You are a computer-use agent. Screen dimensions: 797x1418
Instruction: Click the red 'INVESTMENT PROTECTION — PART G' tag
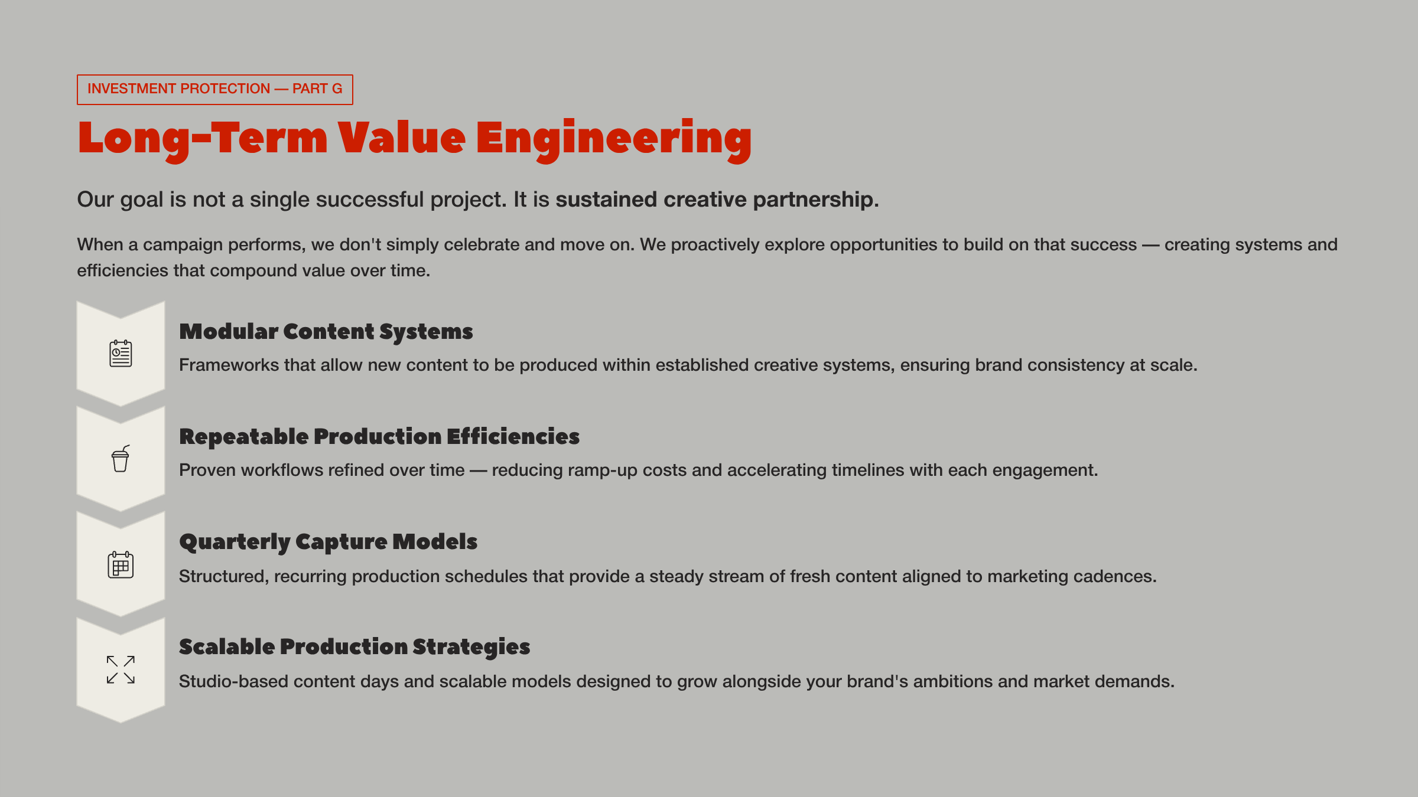214,89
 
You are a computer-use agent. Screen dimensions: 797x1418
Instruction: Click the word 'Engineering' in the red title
614,139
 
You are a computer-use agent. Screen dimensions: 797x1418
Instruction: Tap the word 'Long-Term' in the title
202,139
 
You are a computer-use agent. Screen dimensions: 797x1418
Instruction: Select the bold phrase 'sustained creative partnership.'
717,200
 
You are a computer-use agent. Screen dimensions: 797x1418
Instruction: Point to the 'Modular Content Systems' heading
326,332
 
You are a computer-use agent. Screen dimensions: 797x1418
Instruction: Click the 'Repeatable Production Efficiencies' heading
379,437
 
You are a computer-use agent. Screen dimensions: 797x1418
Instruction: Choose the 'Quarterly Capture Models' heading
328,542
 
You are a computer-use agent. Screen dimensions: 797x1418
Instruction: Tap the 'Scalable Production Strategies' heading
354,647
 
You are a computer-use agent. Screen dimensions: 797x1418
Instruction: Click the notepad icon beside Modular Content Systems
121,353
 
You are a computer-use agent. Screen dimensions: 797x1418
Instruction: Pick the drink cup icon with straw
121,459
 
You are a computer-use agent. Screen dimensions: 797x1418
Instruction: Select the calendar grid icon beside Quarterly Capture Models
121,565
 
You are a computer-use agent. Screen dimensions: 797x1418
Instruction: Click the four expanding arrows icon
121,670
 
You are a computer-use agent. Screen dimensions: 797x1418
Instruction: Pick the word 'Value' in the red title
402,139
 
